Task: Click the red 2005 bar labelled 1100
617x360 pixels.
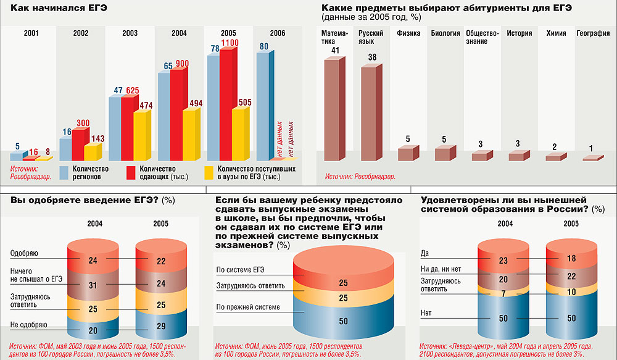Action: coord(226,105)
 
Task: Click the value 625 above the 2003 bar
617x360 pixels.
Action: coord(132,91)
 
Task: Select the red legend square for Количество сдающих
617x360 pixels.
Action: coord(131,173)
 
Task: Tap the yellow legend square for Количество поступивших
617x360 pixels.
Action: coord(208,173)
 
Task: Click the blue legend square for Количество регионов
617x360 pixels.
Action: coord(64,173)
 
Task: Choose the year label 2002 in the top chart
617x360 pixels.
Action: coord(80,33)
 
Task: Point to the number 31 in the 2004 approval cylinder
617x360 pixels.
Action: coord(93,285)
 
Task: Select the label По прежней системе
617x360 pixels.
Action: coord(248,307)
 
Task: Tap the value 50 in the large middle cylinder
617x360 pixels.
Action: coord(344,321)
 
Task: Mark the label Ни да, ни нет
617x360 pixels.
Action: coord(441,269)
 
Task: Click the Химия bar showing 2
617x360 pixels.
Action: coord(554,157)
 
